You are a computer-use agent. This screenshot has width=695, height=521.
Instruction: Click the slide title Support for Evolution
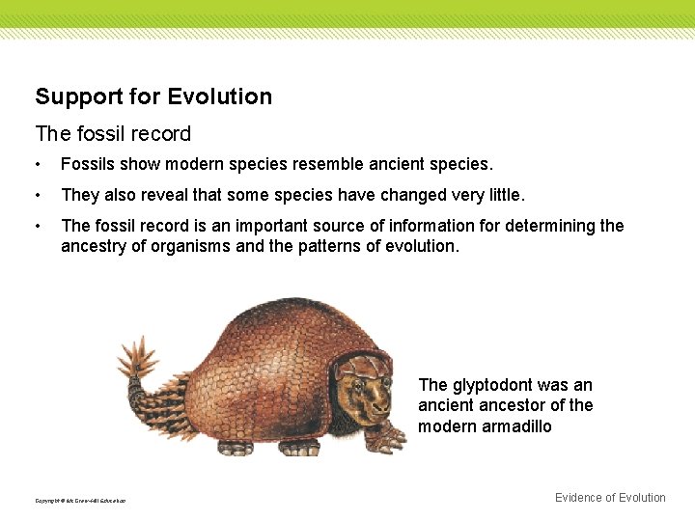point(153,96)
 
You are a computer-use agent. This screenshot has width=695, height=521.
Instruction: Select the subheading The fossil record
point(113,133)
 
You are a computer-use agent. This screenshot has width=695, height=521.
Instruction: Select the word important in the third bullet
point(272,226)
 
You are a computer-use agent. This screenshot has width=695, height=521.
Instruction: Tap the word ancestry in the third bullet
point(94,246)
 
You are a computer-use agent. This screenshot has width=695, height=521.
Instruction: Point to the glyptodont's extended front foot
point(388,439)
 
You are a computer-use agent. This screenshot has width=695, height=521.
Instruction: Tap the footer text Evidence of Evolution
point(610,498)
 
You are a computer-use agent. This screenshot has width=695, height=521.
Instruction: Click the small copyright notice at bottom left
point(80,500)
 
